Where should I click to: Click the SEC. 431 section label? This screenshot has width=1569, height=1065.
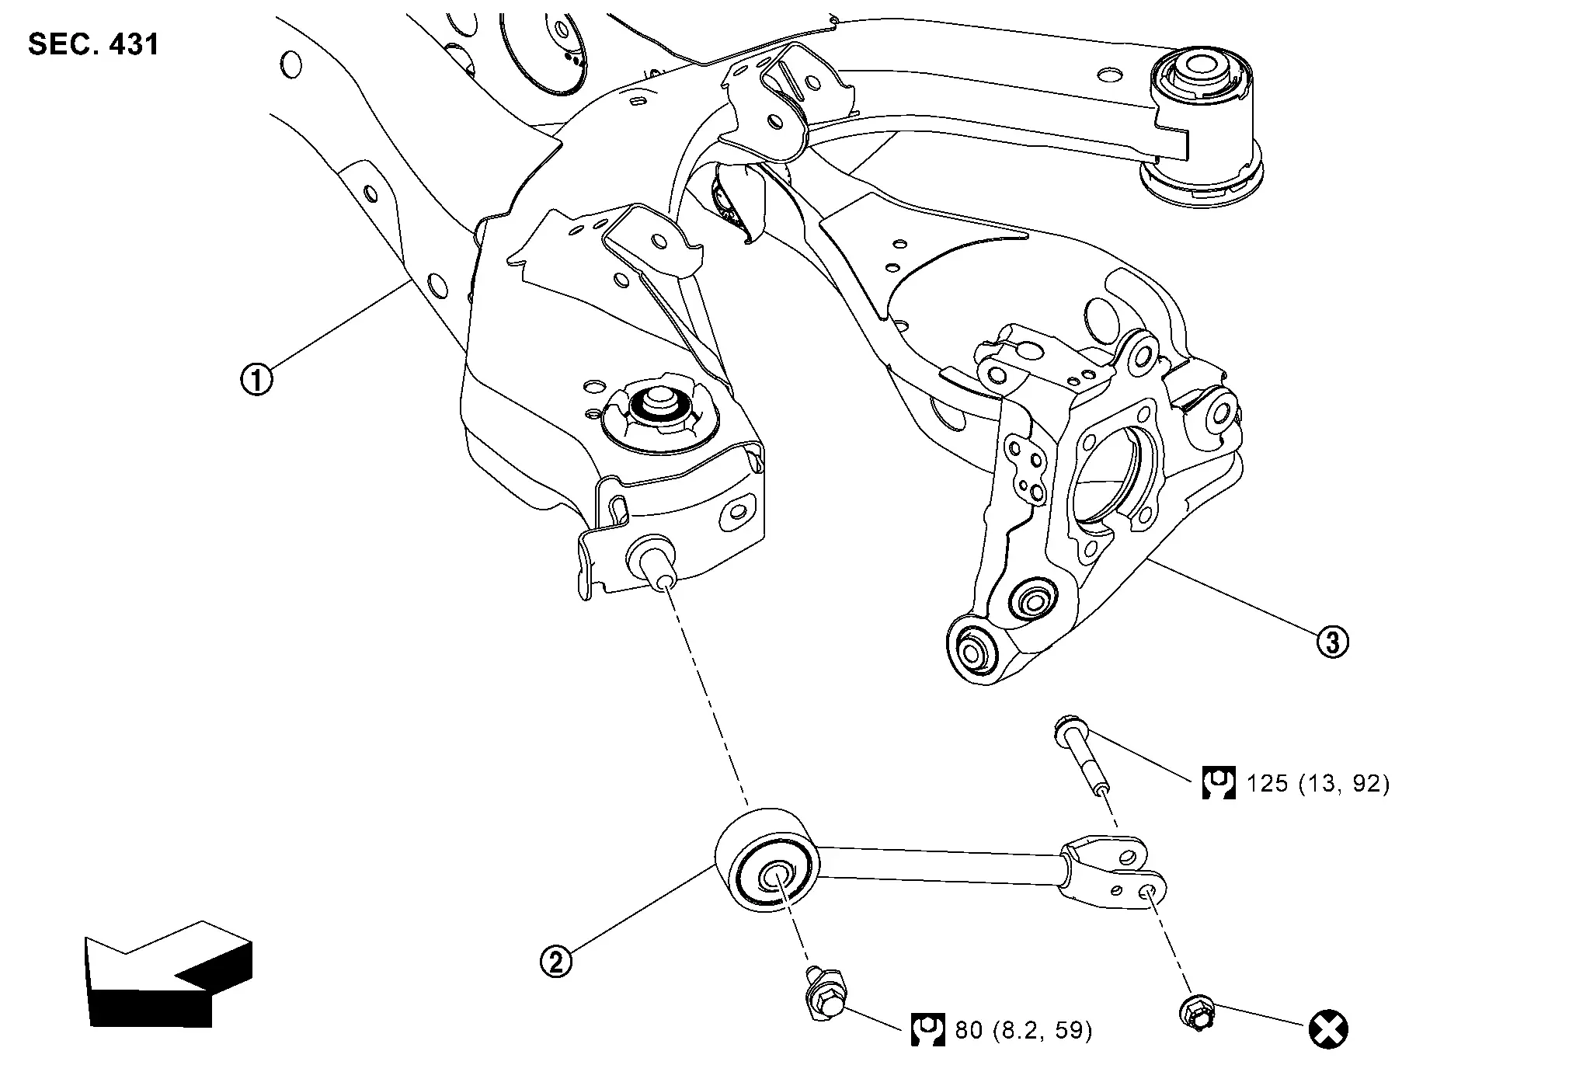pos(93,44)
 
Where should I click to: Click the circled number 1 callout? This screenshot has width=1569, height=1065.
pos(256,381)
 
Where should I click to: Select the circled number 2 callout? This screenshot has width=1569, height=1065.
pos(555,962)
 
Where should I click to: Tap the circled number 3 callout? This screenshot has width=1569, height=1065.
pos(1332,642)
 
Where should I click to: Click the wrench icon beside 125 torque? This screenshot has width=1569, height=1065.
pos(1218,783)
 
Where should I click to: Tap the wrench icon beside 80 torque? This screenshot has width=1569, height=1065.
pos(927,1029)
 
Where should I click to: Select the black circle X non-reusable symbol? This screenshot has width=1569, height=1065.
pos(1328,1030)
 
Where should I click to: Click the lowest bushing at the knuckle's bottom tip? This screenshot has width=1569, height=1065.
pos(970,648)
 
